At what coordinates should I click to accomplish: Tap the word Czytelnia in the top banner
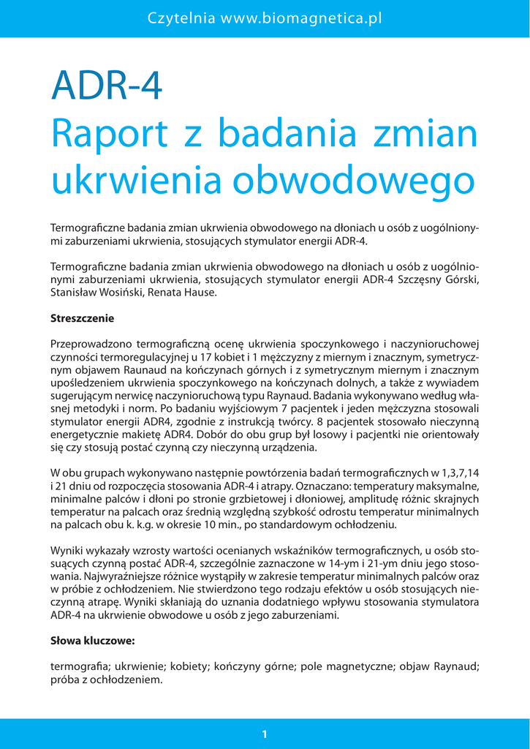tap(181, 18)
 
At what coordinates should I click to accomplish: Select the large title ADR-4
tap(106, 86)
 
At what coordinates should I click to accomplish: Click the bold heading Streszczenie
tap(83, 319)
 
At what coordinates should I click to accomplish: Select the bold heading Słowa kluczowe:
tap(93, 641)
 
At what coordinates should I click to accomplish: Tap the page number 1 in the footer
tap(265, 734)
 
